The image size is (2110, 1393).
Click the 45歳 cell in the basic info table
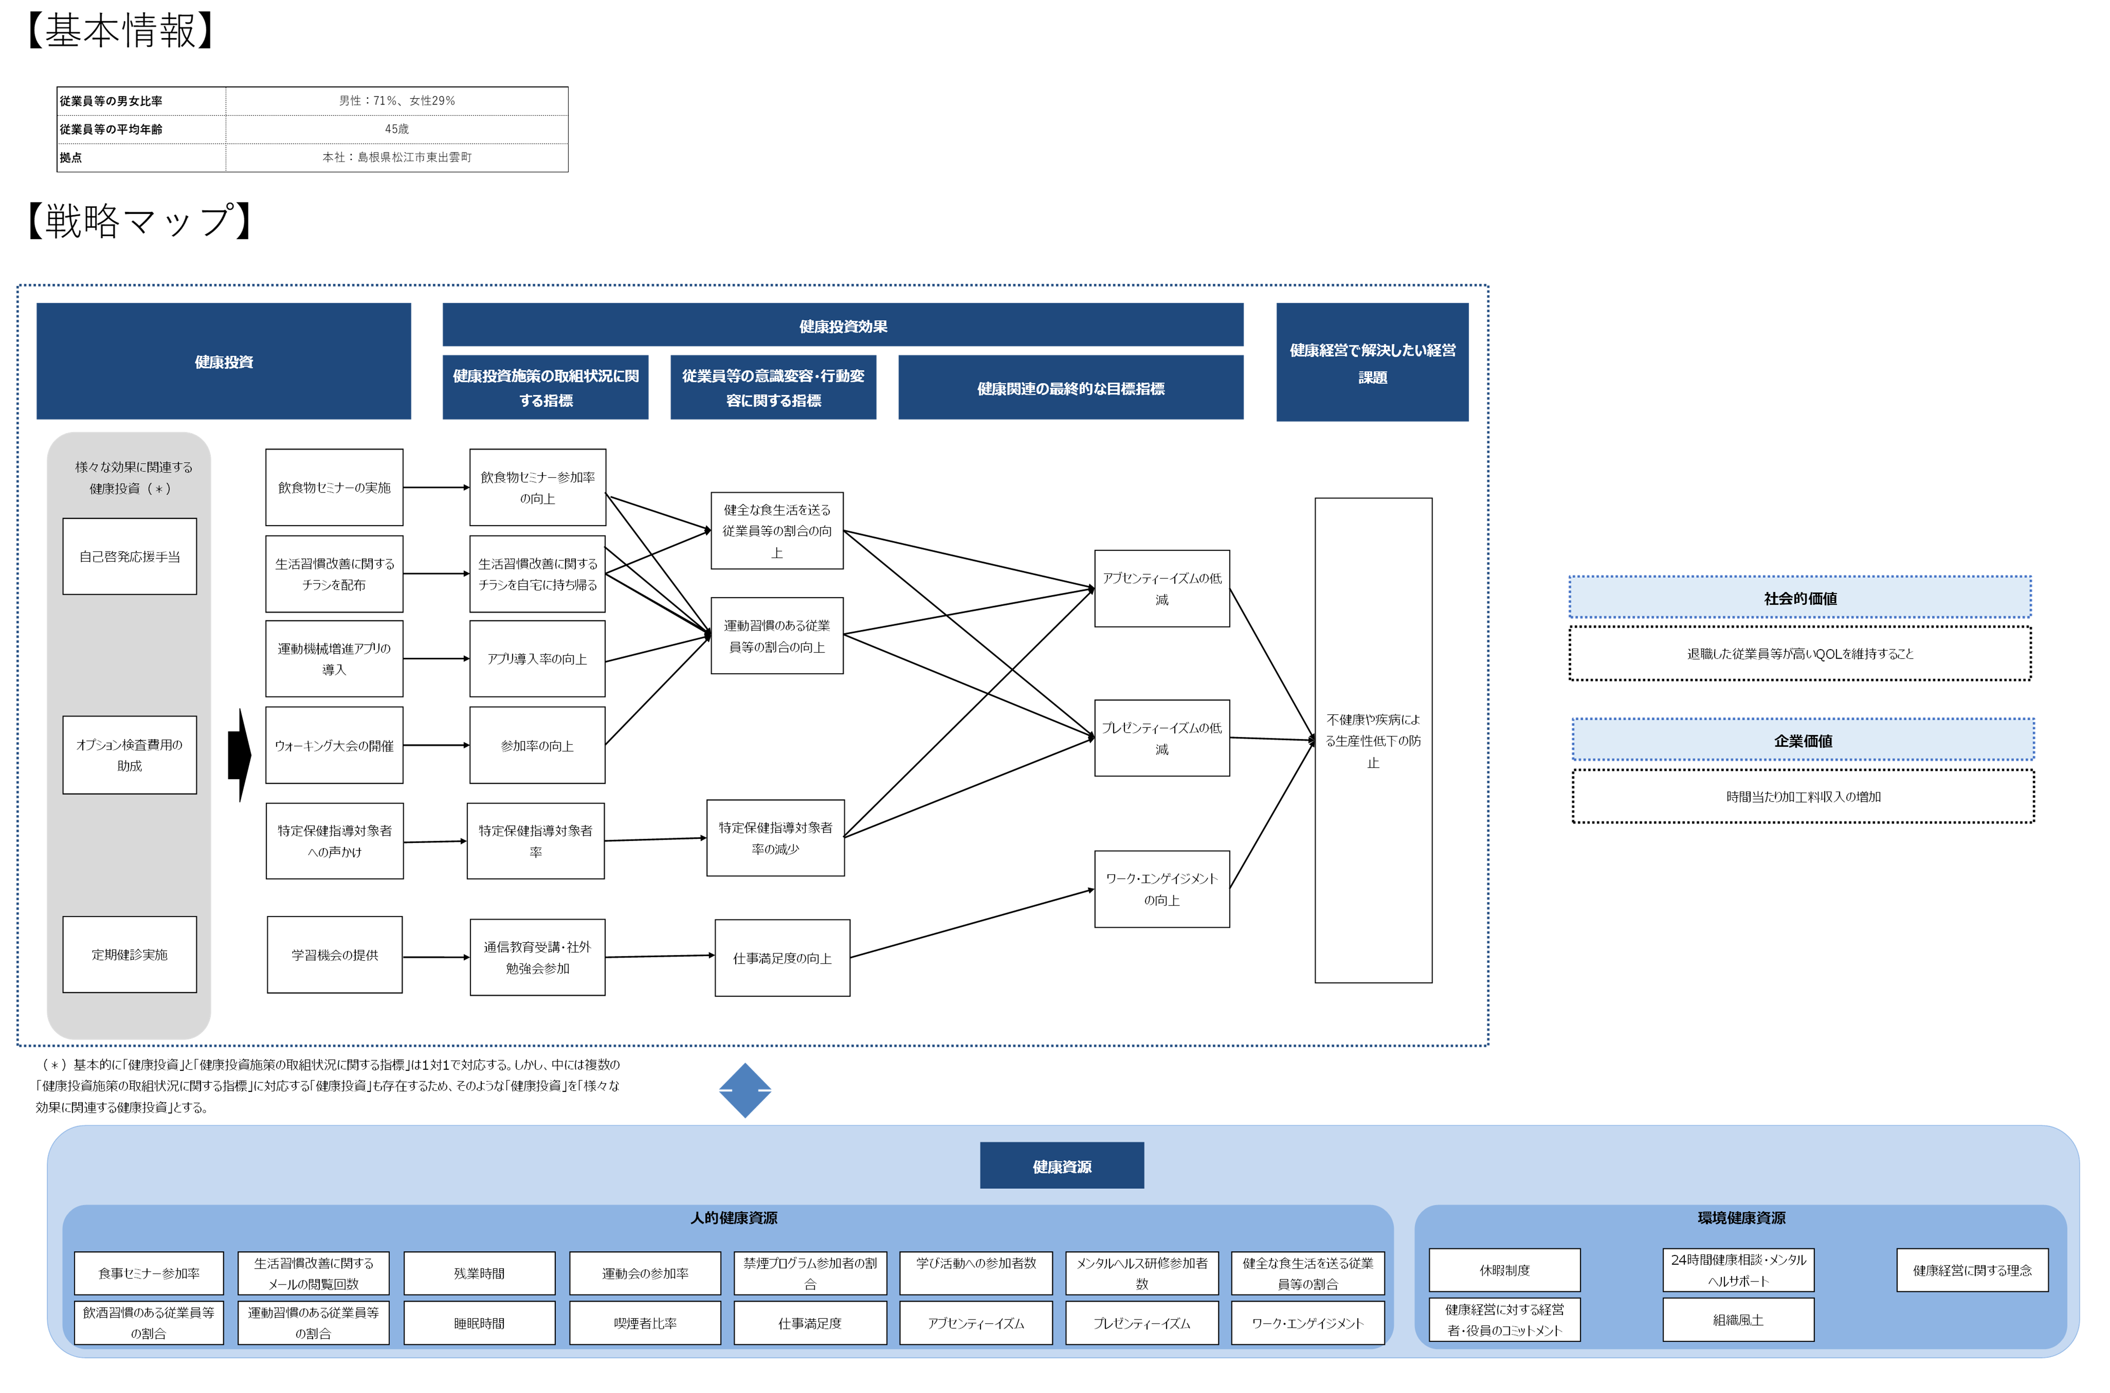click(397, 129)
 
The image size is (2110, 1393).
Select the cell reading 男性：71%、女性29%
click(397, 100)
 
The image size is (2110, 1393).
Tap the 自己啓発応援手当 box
click(130, 556)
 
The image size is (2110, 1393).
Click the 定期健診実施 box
click(130, 954)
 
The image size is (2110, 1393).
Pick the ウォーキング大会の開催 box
click(334, 745)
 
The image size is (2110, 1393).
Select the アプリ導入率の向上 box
click(537, 658)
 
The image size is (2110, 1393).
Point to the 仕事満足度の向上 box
click(782, 958)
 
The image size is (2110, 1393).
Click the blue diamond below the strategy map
click(745, 1090)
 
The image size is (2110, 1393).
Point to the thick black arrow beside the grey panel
click(239, 755)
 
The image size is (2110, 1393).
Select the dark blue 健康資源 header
click(1062, 1165)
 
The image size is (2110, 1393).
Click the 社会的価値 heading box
click(1800, 598)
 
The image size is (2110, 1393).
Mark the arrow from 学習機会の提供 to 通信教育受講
click(436, 957)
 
